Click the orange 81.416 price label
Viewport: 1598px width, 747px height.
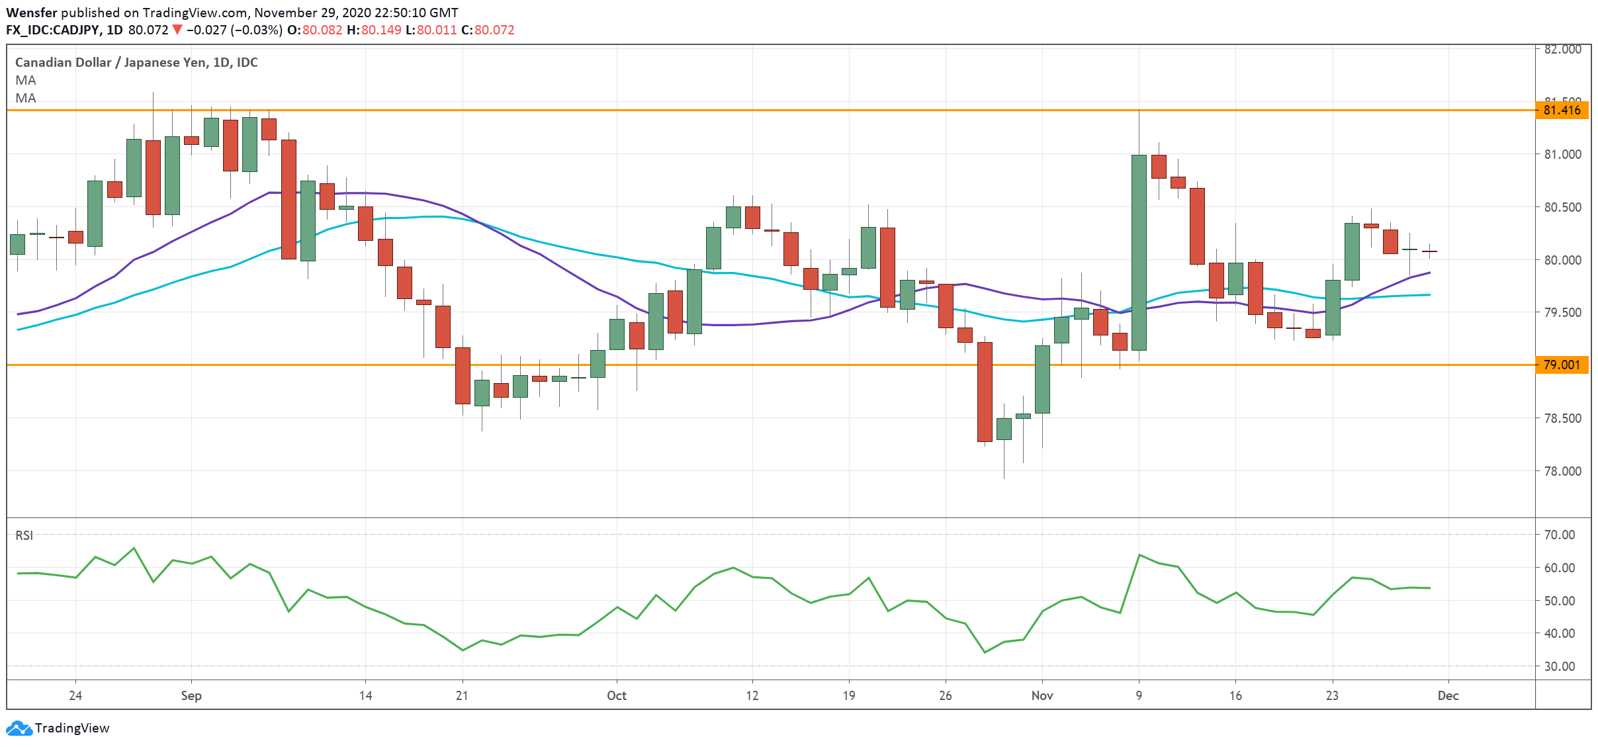(1561, 110)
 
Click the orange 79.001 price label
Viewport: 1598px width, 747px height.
(1561, 365)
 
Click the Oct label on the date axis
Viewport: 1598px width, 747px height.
(616, 695)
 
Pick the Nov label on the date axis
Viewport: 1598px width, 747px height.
(1042, 695)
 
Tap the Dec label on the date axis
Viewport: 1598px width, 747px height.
(1448, 695)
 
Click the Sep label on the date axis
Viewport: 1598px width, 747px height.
(191, 695)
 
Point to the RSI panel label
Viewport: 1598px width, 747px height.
(24, 535)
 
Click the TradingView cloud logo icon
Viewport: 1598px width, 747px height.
(19, 728)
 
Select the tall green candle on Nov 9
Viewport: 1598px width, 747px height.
(1139, 252)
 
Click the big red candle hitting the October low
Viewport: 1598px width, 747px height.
(985, 392)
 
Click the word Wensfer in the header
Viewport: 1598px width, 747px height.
(32, 13)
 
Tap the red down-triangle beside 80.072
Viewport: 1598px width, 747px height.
(177, 30)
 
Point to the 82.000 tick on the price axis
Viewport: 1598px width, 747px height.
(1562, 49)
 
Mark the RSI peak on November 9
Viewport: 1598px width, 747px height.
(1139, 554)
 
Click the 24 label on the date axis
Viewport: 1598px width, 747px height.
(75, 695)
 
